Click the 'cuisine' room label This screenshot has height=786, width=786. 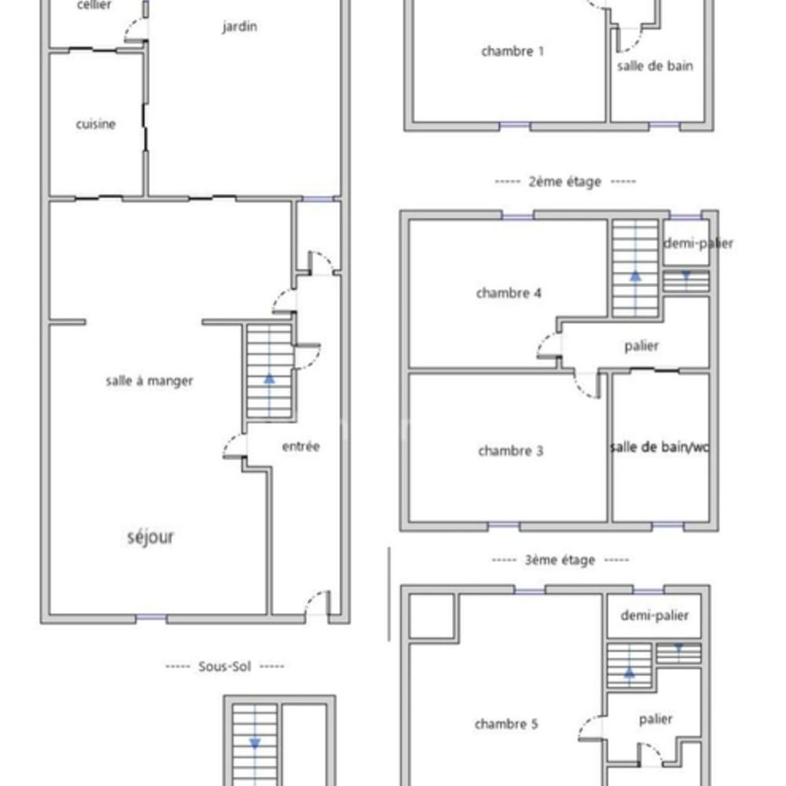pyautogui.click(x=96, y=124)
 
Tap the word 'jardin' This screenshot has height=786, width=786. pyautogui.click(x=240, y=26)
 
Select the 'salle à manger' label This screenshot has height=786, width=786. pyautogui.click(x=149, y=381)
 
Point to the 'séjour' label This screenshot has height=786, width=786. pyautogui.click(x=150, y=537)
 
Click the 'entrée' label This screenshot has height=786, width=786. pyautogui.click(x=301, y=446)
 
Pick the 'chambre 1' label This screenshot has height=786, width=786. pyautogui.click(x=512, y=51)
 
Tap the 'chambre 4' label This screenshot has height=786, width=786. pyautogui.click(x=509, y=292)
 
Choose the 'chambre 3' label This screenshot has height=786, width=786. pyautogui.click(x=510, y=450)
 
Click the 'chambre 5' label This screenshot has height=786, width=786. pyautogui.click(x=505, y=724)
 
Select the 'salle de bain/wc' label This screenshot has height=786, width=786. pyautogui.click(x=659, y=446)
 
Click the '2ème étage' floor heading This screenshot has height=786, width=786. pyautogui.click(x=565, y=182)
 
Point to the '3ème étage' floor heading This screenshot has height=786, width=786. pyautogui.click(x=560, y=560)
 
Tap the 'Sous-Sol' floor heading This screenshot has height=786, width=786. pyautogui.click(x=225, y=667)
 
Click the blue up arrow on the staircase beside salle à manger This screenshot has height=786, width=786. pyautogui.click(x=270, y=379)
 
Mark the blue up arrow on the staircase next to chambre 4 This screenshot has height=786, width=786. pyautogui.click(x=636, y=276)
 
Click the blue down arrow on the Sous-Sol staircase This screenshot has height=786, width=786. pyautogui.click(x=255, y=743)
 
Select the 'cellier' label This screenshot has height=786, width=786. pyautogui.click(x=94, y=5)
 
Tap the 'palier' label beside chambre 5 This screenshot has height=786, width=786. pyautogui.click(x=656, y=719)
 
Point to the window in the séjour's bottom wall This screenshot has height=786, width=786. pyautogui.click(x=151, y=618)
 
